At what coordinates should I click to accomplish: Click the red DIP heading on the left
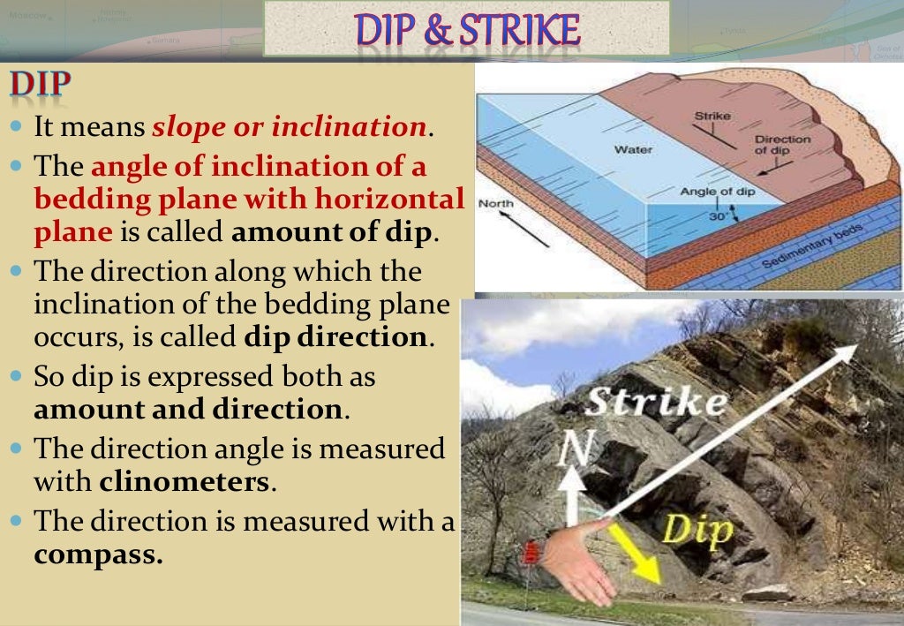pos(40,86)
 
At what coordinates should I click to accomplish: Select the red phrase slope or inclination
pos(290,127)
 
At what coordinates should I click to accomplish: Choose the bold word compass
pos(98,555)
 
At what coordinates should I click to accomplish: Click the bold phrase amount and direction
pos(187,410)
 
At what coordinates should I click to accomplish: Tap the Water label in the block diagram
pos(634,149)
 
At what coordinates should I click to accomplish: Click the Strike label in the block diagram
pos(712,116)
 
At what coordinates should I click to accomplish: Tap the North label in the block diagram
pos(495,204)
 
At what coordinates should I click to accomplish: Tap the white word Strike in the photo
pos(657,403)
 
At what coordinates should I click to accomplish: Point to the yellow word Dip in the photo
pos(697,531)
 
